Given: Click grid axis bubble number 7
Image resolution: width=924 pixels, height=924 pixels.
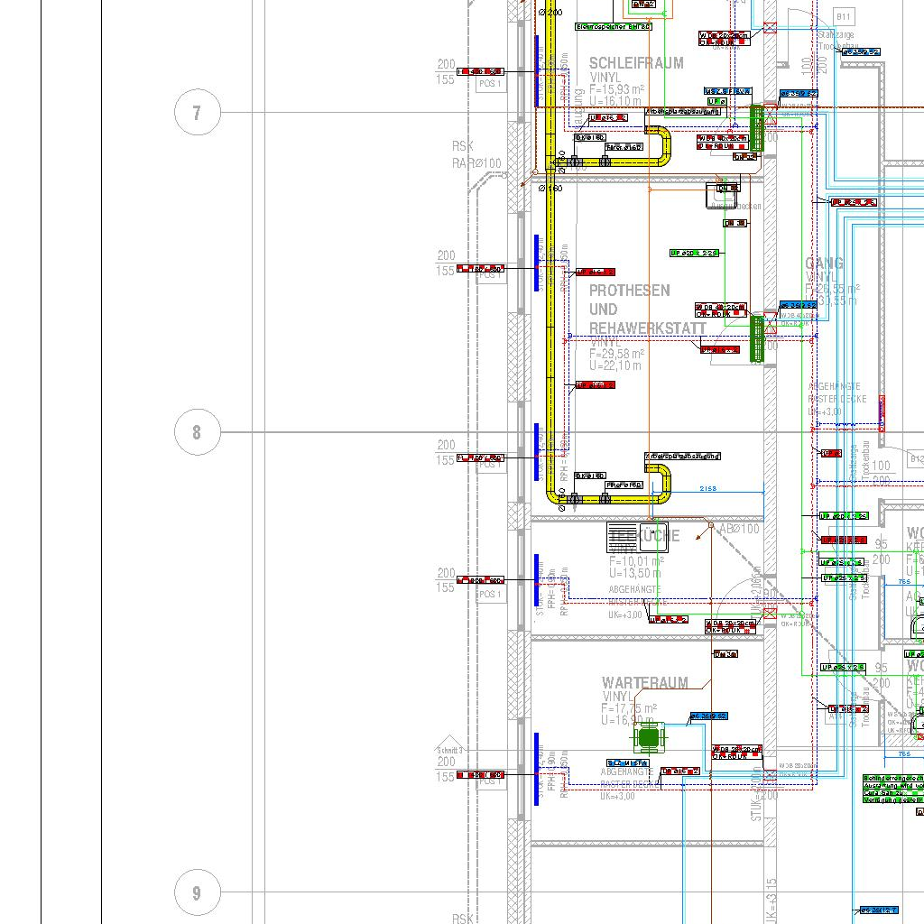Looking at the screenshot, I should tap(197, 113).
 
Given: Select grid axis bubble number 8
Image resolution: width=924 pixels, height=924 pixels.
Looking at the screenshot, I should tap(197, 432).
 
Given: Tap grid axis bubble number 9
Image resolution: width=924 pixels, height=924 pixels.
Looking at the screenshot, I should tap(197, 893).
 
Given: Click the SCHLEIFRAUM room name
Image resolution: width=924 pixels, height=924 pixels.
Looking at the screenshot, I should tap(636, 63).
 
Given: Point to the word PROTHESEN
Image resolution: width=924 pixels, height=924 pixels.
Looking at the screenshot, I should tap(630, 291).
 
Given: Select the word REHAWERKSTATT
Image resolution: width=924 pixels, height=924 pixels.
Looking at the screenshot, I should tap(647, 328).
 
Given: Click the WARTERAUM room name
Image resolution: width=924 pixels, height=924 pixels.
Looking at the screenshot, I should tap(644, 683).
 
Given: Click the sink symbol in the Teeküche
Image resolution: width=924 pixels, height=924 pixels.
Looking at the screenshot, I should tap(637, 536).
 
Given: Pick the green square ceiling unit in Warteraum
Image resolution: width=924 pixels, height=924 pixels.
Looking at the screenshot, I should tap(648, 738).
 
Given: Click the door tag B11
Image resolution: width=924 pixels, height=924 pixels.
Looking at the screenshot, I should tap(843, 16).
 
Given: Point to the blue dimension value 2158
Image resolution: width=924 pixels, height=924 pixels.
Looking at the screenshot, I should tap(708, 488).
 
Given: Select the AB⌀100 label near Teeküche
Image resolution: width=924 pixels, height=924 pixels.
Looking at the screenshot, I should tap(740, 529).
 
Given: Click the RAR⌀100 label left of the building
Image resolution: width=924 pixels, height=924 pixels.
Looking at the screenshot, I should tap(476, 163).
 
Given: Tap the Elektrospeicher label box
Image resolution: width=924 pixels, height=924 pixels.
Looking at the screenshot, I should tap(614, 27).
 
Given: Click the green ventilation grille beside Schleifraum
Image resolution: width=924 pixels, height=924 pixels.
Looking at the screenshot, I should tap(757, 127).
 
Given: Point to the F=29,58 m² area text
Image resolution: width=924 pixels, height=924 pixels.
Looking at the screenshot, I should tap(617, 355).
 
